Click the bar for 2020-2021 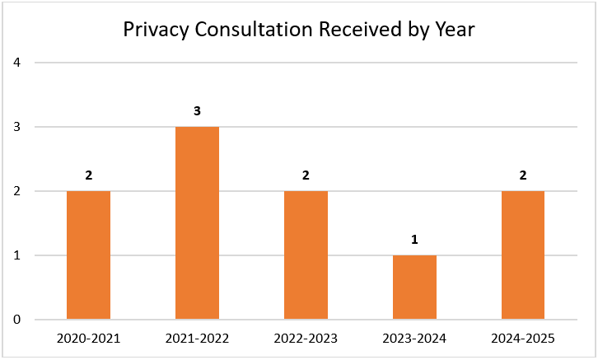click(88, 255)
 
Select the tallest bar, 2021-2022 click(197, 222)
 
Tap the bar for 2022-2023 click(306, 255)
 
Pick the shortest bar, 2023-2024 click(414, 287)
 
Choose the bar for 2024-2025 click(523, 255)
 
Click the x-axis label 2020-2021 click(88, 338)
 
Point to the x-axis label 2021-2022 click(197, 338)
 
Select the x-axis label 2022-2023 click(306, 338)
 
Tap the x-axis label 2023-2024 click(414, 338)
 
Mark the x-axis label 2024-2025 click(523, 338)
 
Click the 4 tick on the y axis click(16, 63)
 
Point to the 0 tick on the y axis click(16, 320)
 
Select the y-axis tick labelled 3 click(16, 127)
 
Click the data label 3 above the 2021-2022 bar click(197, 110)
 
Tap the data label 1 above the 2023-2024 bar click(414, 239)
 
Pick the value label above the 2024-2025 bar click(523, 175)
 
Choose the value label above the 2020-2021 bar click(88, 175)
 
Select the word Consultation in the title click(253, 30)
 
